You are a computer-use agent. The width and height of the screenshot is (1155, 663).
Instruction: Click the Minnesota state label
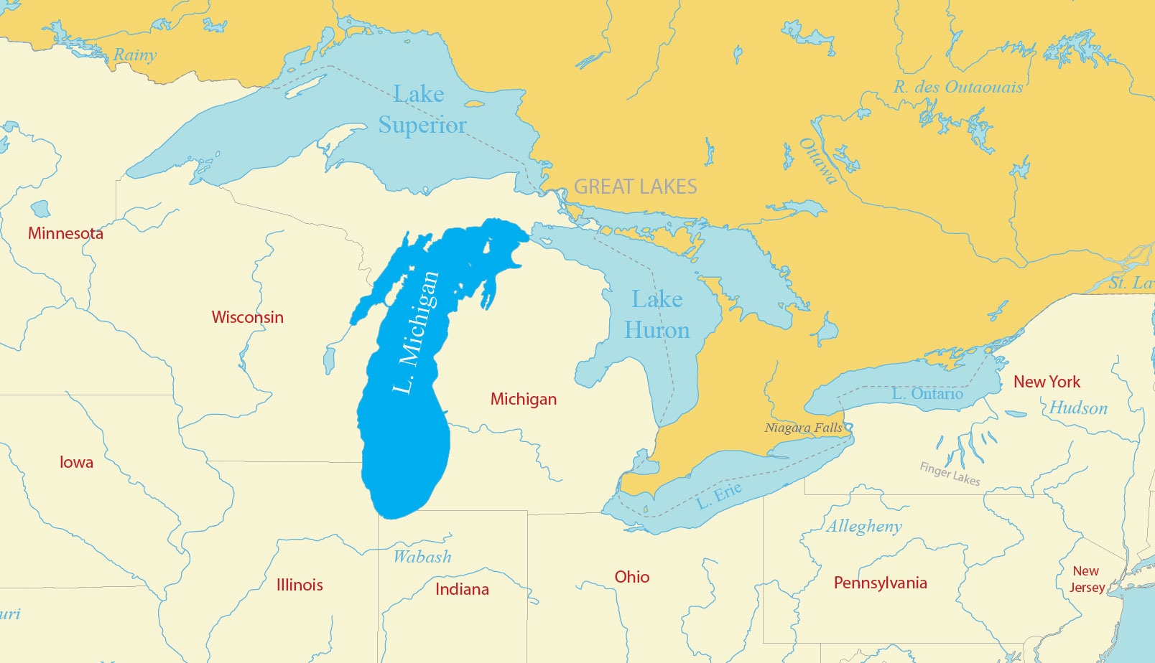point(65,233)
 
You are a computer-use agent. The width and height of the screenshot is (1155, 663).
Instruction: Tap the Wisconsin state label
point(247,317)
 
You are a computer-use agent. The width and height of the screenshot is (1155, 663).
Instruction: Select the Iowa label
point(76,462)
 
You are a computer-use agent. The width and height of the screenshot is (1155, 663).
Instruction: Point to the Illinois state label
point(300,585)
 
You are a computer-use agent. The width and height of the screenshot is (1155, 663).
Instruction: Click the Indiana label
point(462,589)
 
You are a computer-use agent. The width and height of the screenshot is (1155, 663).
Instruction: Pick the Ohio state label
point(631,577)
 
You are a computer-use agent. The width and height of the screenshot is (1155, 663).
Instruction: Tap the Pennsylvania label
point(880,583)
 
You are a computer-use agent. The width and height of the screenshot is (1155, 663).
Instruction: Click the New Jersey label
point(1087,579)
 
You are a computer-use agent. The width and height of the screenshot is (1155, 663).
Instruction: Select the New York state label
point(1047,382)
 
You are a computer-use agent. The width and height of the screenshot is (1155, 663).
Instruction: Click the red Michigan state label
point(523,399)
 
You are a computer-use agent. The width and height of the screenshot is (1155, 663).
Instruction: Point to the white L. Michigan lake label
point(416,332)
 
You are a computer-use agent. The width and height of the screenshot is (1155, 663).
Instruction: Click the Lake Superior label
point(422,109)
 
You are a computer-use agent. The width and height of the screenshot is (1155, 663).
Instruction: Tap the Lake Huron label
point(657,314)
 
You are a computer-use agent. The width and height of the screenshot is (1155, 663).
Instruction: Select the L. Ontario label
point(927,393)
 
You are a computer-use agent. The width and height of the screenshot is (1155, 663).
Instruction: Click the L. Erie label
point(719,495)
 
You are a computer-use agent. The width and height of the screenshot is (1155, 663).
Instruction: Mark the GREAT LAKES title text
point(635,187)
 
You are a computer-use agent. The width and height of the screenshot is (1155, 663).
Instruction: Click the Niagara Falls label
point(803,428)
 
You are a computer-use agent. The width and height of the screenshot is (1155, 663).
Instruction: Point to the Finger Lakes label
point(950,474)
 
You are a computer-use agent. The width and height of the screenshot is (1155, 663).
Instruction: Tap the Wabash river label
point(422,557)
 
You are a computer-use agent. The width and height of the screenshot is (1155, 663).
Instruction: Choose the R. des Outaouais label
point(957,88)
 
